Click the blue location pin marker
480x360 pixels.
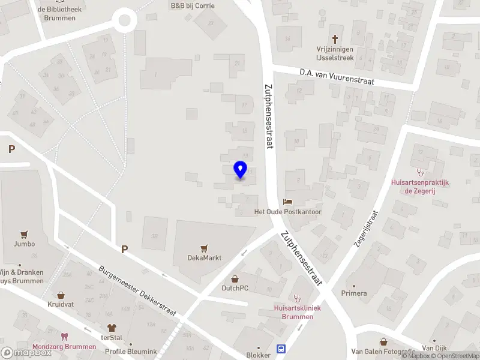click(x=240, y=170)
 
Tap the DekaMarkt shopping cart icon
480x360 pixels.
click(x=205, y=248)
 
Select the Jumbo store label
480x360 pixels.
click(x=25, y=244)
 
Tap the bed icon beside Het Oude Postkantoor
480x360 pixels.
click(x=287, y=202)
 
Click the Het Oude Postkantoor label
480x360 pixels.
click(x=288, y=212)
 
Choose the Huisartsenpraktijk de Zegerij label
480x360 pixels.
click(x=427, y=187)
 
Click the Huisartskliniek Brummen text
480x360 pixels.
click(x=297, y=312)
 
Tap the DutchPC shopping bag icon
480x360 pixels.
click(x=235, y=278)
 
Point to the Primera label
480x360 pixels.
click(x=353, y=293)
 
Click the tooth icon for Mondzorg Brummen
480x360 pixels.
click(x=65, y=337)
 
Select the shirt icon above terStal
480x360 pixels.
click(x=111, y=328)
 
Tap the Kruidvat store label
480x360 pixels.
click(x=61, y=304)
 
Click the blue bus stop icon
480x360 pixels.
click(x=280, y=349)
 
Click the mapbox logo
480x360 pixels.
click(x=26, y=353)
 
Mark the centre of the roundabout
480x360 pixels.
click(x=125, y=20)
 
